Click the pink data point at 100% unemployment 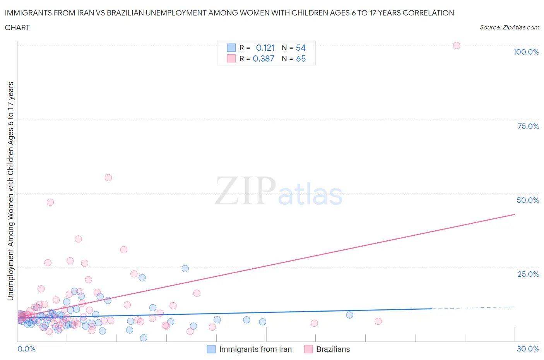point(456,45)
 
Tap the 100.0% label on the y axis point(526,52)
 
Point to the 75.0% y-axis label point(528,126)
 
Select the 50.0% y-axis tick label point(528,200)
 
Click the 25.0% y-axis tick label point(528,274)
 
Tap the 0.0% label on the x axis point(26,349)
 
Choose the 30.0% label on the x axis point(528,349)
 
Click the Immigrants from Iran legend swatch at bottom point(211,349)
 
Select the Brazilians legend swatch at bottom point(308,349)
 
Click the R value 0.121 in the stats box point(265,48)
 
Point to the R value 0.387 point(263,58)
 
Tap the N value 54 point(301,48)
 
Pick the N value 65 point(301,58)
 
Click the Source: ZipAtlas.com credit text point(509,27)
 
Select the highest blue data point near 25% point(185,269)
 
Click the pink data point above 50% point(108,178)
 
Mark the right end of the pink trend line point(515,214)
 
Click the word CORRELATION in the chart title point(428,13)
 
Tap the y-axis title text point(10,191)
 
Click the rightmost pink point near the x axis point(378,321)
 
